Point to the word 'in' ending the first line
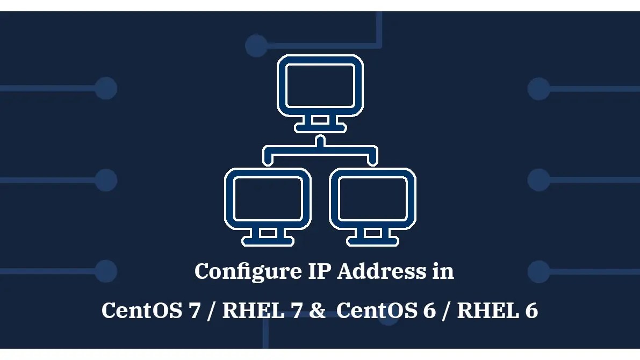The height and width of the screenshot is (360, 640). (444, 271)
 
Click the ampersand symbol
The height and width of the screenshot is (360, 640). (318, 311)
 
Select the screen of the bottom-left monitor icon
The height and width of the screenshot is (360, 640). (268, 198)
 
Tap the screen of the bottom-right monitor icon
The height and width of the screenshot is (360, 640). (372, 198)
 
